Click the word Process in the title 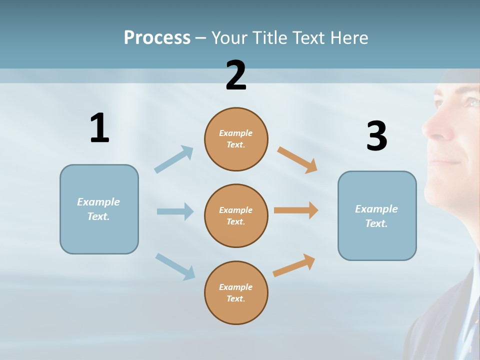(157, 37)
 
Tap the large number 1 (99, 128)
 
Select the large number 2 (236, 75)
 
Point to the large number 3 (376, 136)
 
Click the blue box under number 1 (99, 209)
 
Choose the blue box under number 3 (377, 215)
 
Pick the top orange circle (236, 139)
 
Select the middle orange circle (236, 215)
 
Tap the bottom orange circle (236, 292)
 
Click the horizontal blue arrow (175, 211)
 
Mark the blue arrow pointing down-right (175, 266)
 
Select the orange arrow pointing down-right (297, 159)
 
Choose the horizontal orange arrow (296, 210)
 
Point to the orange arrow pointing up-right (294, 265)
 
